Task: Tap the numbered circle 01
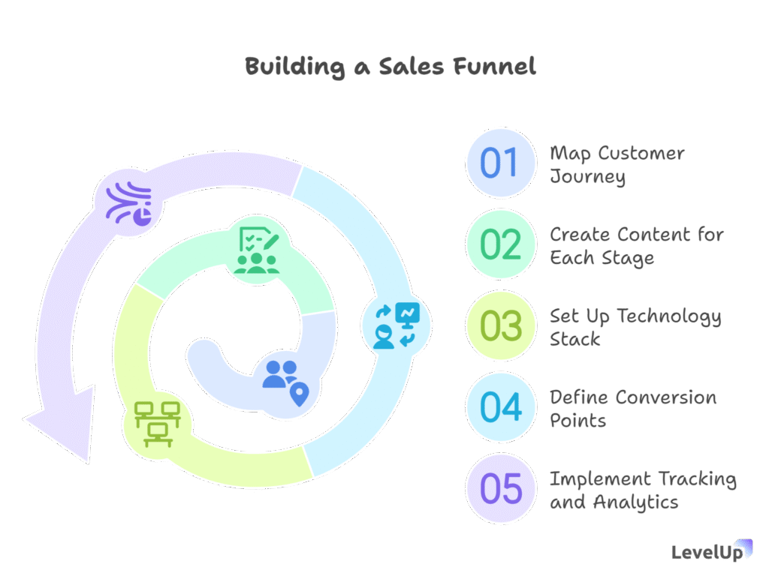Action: [x=499, y=163]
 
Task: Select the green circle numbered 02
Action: [x=499, y=244]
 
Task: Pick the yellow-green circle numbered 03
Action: [x=499, y=325]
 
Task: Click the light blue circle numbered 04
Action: [x=499, y=407]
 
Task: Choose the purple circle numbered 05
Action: [x=499, y=488]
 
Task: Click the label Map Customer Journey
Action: [x=617, y=164]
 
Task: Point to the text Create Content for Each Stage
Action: [x=637, y=246]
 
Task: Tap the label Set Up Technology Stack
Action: [x=635, y=327]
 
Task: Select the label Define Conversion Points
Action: [x=632, y=409]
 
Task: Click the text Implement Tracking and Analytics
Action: [x=643, y=490]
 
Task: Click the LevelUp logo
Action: [x=711, y=551]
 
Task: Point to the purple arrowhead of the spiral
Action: [x=65, y=422]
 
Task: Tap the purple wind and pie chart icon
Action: [x=129, y=203]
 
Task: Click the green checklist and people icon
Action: [x=257, y=250]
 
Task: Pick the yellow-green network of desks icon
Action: [x=158, y=424]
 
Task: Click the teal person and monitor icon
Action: [x=397, y=325]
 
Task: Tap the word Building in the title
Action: [x=294, y=67]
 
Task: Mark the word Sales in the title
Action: [x=411, y=66]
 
